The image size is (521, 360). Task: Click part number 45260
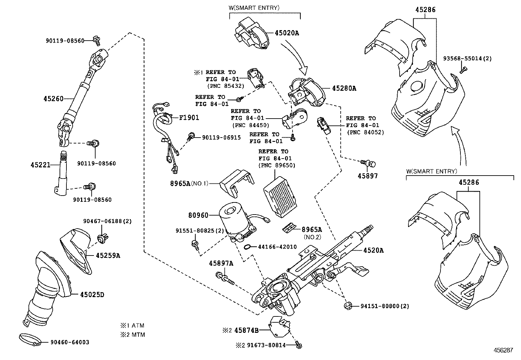[x=53, y=98]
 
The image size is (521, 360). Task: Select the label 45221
[x=41, y=165]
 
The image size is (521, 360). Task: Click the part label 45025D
[x=92, y=294]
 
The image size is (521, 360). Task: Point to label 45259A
[x=108, y=256]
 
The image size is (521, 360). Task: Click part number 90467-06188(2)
[x=107, y=221]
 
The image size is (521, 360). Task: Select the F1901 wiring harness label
[x=189, y=118]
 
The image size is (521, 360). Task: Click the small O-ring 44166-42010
[x=248, y=246]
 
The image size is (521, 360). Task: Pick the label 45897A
[x=221, y=263]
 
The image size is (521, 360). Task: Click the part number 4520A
[x=373, y=250]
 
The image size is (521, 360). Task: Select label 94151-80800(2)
[x=385, y=306]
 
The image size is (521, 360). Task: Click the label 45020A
[x=287, y=33]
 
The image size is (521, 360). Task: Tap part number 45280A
[x=344, y=88]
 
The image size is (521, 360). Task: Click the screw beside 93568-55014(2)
[x=463, y=69]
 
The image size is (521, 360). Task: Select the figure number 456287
[x=503, y=350]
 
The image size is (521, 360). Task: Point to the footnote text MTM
[x=138, y=334]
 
